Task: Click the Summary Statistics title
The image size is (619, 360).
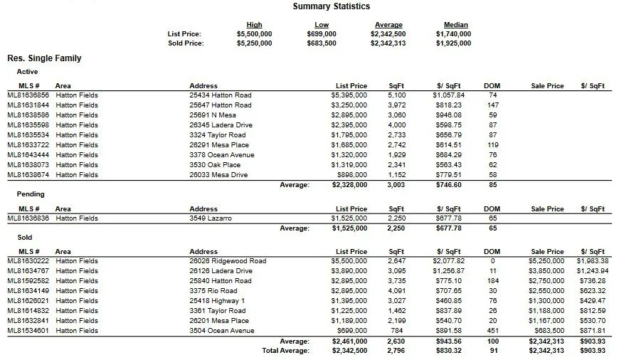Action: coord(331,6)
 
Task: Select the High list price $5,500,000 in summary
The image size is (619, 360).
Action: coord(254,33)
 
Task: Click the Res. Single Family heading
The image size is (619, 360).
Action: coord(44,58)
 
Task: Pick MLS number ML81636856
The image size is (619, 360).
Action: coord(28,95)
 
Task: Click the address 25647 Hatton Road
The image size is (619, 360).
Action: coord(220,105)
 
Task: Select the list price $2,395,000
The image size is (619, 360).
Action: coord(349,125)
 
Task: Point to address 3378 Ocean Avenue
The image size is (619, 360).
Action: coord(221,155)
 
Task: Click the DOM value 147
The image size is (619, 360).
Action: coord(492,105)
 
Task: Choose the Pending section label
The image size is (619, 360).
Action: coord(31,194)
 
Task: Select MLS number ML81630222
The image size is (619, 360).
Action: coord(28,261)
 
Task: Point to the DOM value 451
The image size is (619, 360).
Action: coord(492,331)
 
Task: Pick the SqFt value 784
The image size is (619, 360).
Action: coord(396,331)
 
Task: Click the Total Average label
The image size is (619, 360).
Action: coord(285,351)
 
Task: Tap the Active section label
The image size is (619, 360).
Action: coord(27,72)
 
